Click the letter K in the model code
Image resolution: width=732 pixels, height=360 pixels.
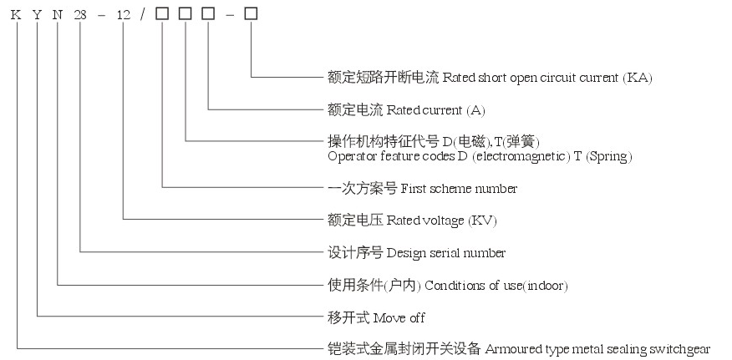[x=18, y=13]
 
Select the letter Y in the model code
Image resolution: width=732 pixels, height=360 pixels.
[x=38, y=13]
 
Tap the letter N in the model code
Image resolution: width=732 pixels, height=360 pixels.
[x=58, y=13]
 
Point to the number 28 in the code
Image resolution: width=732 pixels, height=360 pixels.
[x=81, y=13]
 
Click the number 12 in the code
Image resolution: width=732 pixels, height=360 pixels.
[x=123, y=13]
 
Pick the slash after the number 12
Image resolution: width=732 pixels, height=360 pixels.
[x=143, y=13]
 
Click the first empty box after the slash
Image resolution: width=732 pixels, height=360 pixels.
[x=162, y=13]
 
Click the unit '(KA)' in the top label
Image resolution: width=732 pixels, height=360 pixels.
[x=637, y=78]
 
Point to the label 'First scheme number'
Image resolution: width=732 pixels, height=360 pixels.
[x=459, y=189]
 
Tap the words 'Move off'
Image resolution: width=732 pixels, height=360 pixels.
[x=399, y=317]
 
